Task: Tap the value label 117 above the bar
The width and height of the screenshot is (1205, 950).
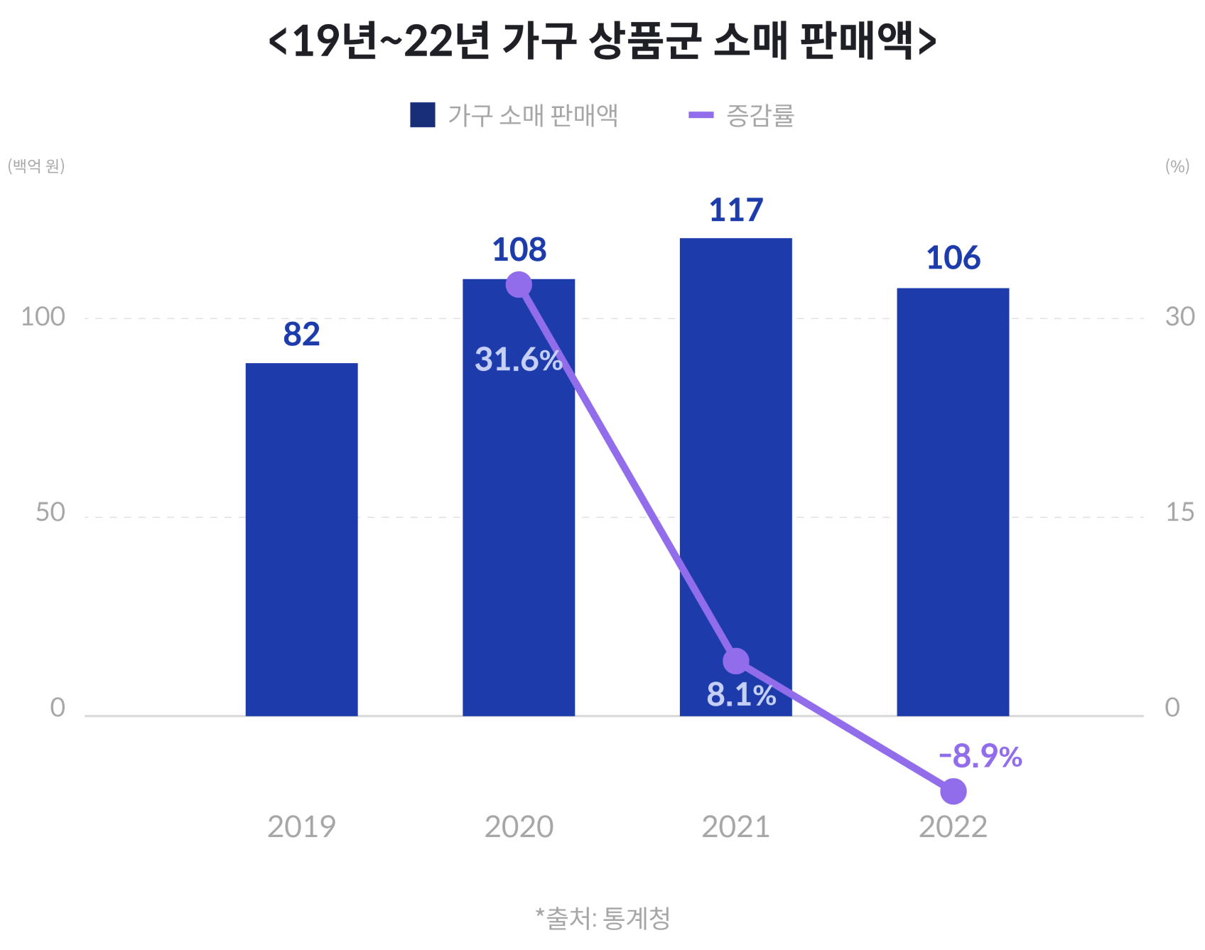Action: coord(736,210)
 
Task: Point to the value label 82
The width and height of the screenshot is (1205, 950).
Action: coord(301,335)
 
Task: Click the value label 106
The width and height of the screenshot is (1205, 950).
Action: coord(953,258)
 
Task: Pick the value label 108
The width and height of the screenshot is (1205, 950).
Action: coord(519,250)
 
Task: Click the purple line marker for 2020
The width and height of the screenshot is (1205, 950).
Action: coord(519,285)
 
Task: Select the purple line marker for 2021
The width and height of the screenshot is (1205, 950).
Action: coord(736,661)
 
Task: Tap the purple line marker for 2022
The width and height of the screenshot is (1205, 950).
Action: coord(953,791)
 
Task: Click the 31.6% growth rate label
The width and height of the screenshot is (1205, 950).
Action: coord(519,360)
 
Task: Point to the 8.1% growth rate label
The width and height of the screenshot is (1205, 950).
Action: coord(741,695)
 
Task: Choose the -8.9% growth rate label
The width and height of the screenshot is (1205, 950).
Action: coord(980,757)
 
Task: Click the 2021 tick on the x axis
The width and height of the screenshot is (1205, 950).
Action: coord(736,827)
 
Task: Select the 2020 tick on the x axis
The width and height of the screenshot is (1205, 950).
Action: coord(519,827)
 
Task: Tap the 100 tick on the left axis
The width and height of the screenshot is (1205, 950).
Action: coord(43,317)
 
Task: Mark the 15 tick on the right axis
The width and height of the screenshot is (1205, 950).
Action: coord(1179,512)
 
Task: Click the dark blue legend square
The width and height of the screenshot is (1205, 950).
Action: coord(422,115)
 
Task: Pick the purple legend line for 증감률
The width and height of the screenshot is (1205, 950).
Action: coord(701,115)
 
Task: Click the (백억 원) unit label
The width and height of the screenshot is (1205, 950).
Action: coord(36,166)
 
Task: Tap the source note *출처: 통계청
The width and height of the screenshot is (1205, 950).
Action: coord(602,918)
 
